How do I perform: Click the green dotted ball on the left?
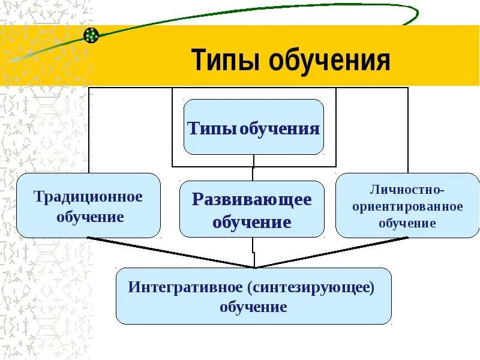tap(91, 35)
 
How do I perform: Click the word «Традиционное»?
tap(88, 197)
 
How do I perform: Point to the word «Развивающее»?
tap(252, 200)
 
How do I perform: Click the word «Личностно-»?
tap(407, 190)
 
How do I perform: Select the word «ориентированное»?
tap(407, 206)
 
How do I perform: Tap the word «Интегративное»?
tap(184, 287)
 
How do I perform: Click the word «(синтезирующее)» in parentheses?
tap(310, 287)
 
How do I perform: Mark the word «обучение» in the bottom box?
tap(253, 308)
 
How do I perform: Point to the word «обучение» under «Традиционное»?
tap(90, 216)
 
